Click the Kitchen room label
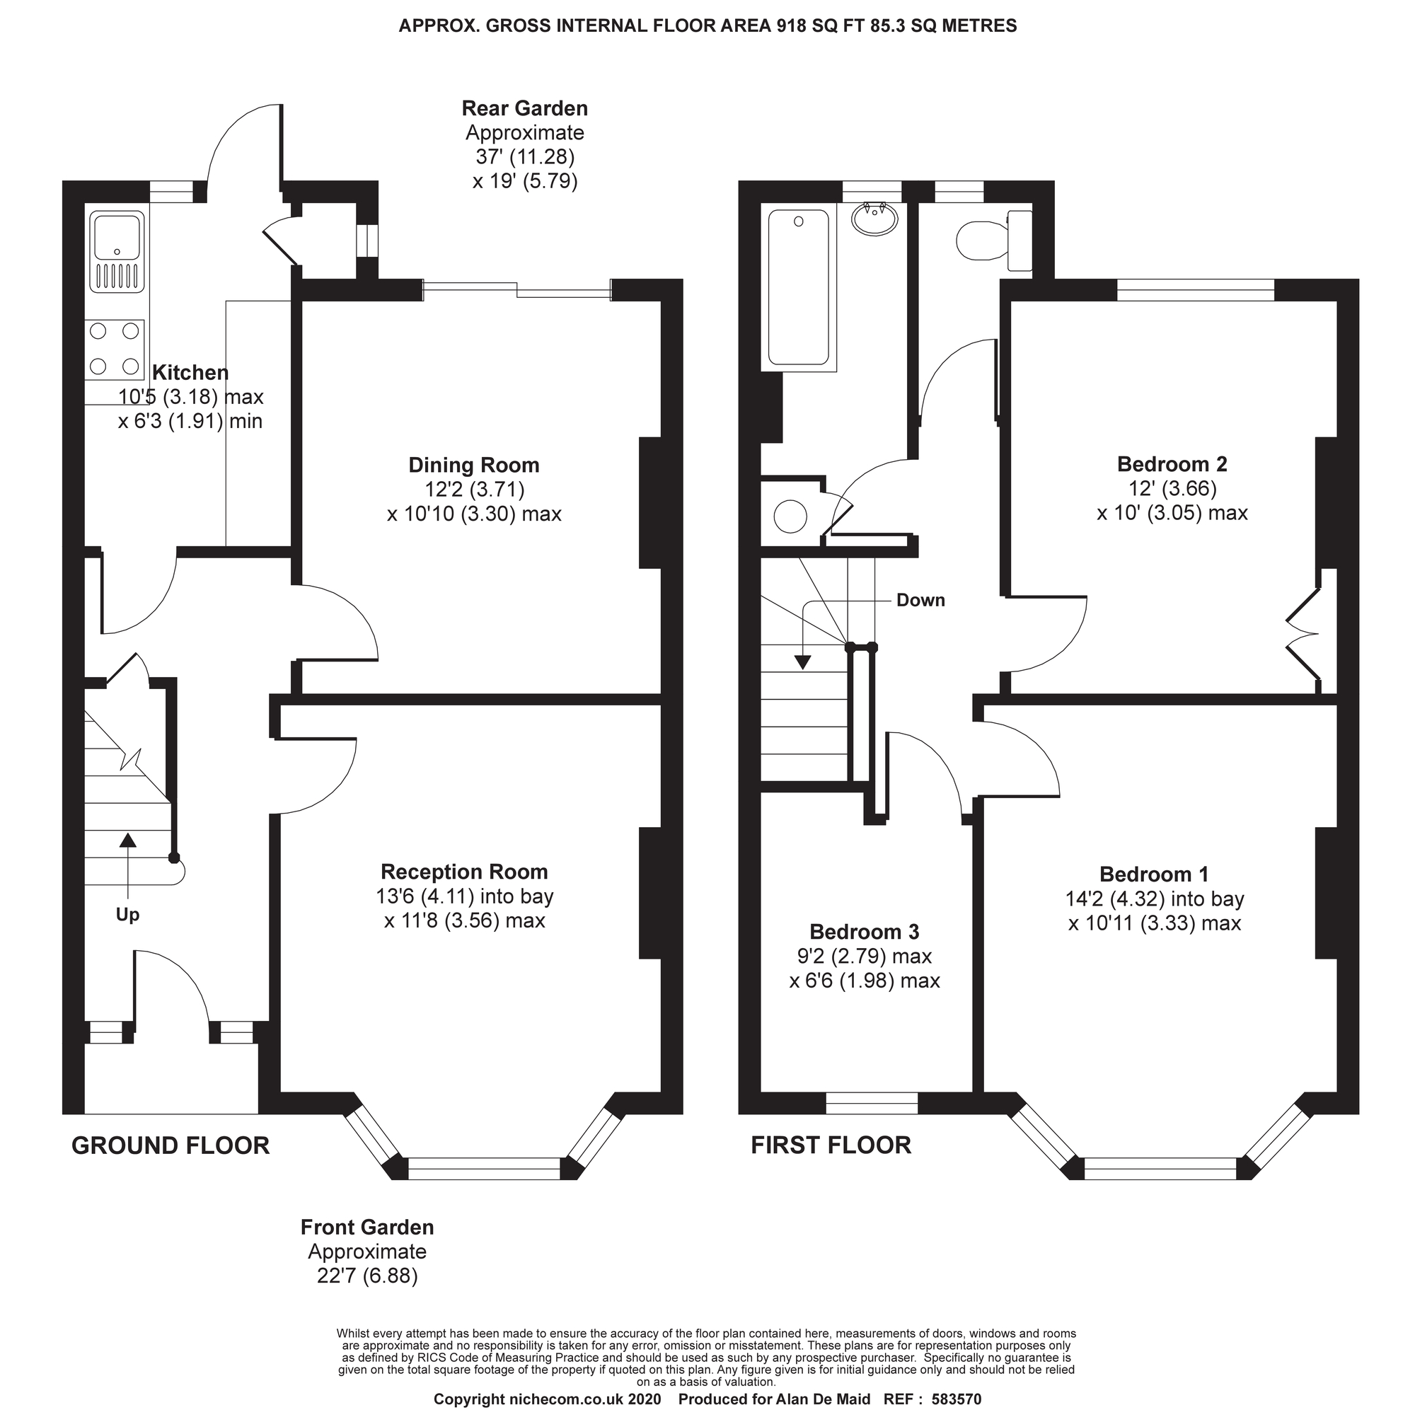coord(190,373)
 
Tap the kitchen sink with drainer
coord(117,251)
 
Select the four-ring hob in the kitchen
coord(114,349)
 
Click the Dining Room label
coord(474,465)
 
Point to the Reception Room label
coord(464,872)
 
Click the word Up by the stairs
coord(127,915)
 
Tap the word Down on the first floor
coord(920,600)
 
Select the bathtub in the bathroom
coord(799,289)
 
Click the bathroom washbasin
coord(875,218)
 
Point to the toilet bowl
coord(983,240)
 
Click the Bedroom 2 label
coord(1172,463)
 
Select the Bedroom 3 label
coord(865,932)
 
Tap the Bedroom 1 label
coord(1154,874)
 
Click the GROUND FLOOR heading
coord(171,1145)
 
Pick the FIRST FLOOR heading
coord(831,1145)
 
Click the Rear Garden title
coord(524,108)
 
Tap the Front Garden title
coord(367,1228)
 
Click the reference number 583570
coord(957,1399)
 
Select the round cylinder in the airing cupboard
coord(790,517)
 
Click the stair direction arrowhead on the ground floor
coord(128,839)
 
